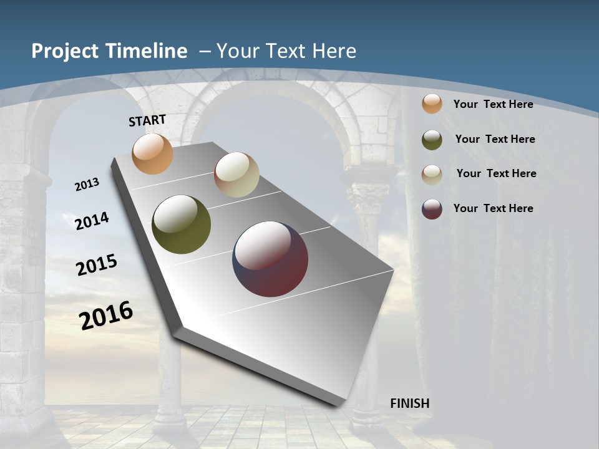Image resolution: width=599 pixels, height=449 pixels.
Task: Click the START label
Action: pos(147,120)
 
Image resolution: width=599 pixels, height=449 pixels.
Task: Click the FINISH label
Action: pos(410,403)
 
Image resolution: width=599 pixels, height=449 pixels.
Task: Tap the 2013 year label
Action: pos(87,185)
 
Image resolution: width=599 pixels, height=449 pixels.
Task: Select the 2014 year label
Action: pos(92,221)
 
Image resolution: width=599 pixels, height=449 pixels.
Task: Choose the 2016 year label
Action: pos(106,315)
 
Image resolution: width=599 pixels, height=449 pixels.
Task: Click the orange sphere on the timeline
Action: pos(153,153)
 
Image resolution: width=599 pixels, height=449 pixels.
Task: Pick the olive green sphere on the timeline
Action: pos(182,224)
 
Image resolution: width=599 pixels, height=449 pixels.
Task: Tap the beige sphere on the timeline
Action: pos(236,175)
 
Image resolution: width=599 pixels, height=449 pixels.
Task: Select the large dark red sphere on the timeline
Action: pos(270,258)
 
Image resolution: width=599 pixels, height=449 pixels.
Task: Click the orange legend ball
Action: pos(432,104)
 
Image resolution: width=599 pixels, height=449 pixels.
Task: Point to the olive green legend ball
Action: pos(432,140)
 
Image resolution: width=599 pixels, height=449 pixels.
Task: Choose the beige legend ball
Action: pos(432,175)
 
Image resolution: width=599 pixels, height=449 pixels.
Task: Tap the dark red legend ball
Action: pos(432,209)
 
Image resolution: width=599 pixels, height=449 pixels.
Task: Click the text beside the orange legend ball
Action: pos(493,104)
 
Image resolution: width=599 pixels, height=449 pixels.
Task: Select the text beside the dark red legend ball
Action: pos(493,208)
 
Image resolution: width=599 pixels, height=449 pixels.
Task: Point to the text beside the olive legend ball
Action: pos(495,139)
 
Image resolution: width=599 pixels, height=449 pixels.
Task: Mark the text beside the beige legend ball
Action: pos(496,173)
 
